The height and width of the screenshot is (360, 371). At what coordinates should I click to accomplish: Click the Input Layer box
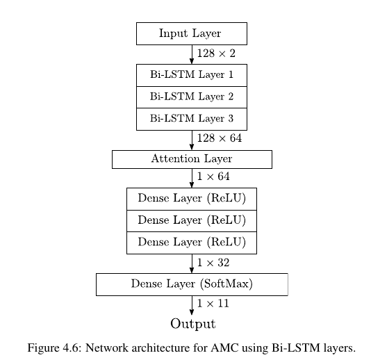click(x=192, y=33)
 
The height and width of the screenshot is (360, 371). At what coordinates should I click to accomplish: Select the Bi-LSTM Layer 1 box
click(x=192, y=75)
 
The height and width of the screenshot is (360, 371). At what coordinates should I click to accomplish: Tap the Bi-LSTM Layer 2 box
click(x=192, y=97)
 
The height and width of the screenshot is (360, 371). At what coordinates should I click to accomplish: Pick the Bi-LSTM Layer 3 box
click(x=192, y=119)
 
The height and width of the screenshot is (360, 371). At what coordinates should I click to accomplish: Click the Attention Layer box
click(x=192, y=159)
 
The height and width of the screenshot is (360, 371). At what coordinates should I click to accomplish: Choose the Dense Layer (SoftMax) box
click(x=192, y=284)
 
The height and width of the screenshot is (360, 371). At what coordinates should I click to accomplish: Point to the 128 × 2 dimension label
click(x=216, y=54)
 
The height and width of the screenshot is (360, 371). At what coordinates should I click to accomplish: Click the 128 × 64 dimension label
click(x=220, y=138)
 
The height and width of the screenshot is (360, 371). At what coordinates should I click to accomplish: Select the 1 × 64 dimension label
click(x=213, y=177)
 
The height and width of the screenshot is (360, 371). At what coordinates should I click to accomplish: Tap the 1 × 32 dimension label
click(x=213, y=263)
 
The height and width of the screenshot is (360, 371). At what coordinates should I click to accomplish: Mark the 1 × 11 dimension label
click(x=213, y=304)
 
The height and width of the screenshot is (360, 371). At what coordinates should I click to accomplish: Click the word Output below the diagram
click(x=193, y=324)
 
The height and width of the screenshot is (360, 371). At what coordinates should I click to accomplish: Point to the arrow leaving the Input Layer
click(x=192, y=54)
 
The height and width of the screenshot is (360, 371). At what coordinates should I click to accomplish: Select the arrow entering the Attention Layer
click(x=192, y=140)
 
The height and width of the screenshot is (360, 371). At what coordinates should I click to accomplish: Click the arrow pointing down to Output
click(x=192, y=305)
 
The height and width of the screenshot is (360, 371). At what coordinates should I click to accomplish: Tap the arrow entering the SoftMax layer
click(x=192, y=263)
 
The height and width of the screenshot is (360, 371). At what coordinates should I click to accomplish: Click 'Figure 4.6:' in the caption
click(x=55, y=348)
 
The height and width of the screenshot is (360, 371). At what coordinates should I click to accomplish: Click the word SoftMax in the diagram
click(x=226, y=284)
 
